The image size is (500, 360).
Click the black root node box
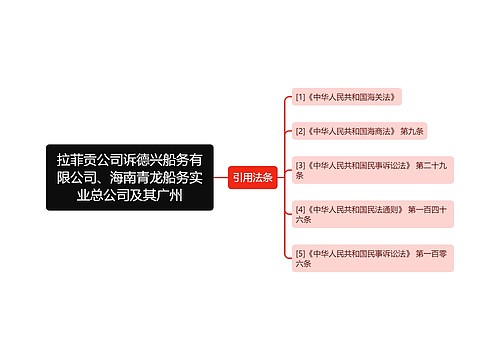pos(130,176)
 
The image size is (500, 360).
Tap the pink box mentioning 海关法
pos(350,97)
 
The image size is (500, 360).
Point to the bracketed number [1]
pos(301,97)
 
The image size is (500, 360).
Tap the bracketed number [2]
pos(301,130)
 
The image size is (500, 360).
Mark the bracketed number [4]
pos(301,208)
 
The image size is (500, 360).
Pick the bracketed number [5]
pos(301,253)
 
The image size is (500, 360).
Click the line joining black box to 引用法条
pos(220,177)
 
